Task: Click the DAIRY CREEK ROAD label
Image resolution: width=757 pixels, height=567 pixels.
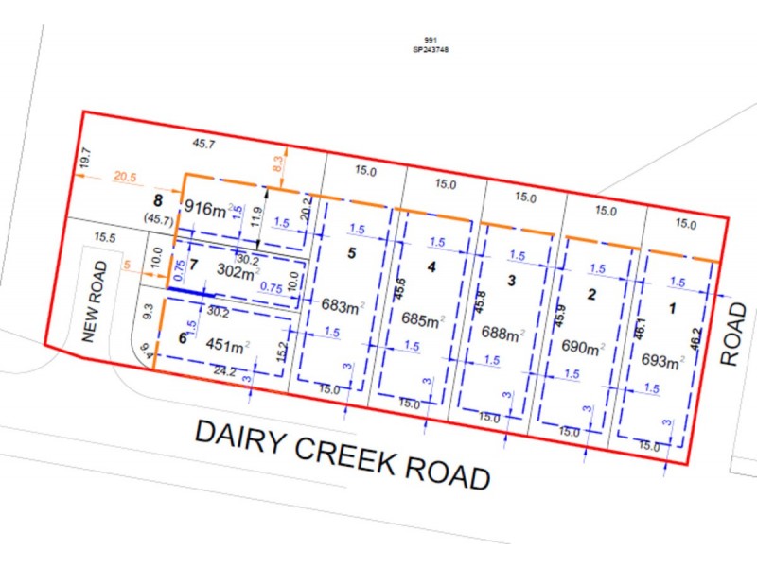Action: pyautogui.click(x=343, y=455)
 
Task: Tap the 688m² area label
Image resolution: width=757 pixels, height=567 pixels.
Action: pyautogui.click(x=501, y=334)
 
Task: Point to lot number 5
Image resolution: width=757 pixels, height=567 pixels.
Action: pyautogui.click(x=351, y=253)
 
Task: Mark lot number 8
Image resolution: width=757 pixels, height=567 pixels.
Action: pyautogui.click(x=159, y=200)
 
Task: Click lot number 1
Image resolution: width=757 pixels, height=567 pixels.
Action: pyautogui.click(x=674, y=307)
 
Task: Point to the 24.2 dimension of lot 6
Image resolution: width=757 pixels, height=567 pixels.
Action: pyautogui.click(x=225, y=372)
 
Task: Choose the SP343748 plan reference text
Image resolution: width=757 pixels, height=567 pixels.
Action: pyautogui.click(x=431, y=49)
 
